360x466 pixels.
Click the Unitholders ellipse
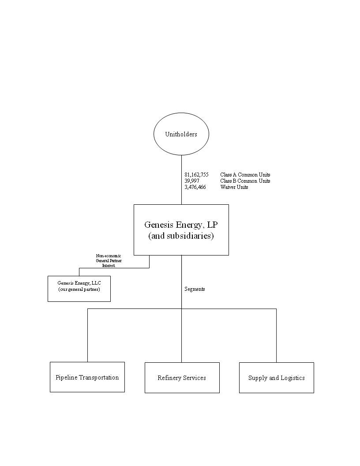click(x=181, y=134)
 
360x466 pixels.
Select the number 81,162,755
click(x=196, y=175)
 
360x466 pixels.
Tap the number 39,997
click(x=192, y=181)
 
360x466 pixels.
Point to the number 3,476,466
click(x=195, y=187)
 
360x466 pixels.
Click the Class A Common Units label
click(x=245, y=175)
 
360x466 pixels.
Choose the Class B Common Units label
click(x=245, y=181)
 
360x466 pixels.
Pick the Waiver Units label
click(x=234, y=187)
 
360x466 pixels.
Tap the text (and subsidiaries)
click(x=181, y=236)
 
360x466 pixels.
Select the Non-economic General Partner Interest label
click(x=109, y=261)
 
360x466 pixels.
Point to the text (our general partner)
click(x=79, y=289)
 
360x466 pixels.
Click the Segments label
click(x=195, y=289)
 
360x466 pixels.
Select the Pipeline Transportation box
click(x=87, y=377)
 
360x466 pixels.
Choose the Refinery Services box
click(x=182, y=378)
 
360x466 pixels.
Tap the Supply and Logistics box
click(x=276, y=378)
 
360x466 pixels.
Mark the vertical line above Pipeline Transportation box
click(x=87, y=335)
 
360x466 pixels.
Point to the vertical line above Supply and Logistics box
click(x=276, y=335)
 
